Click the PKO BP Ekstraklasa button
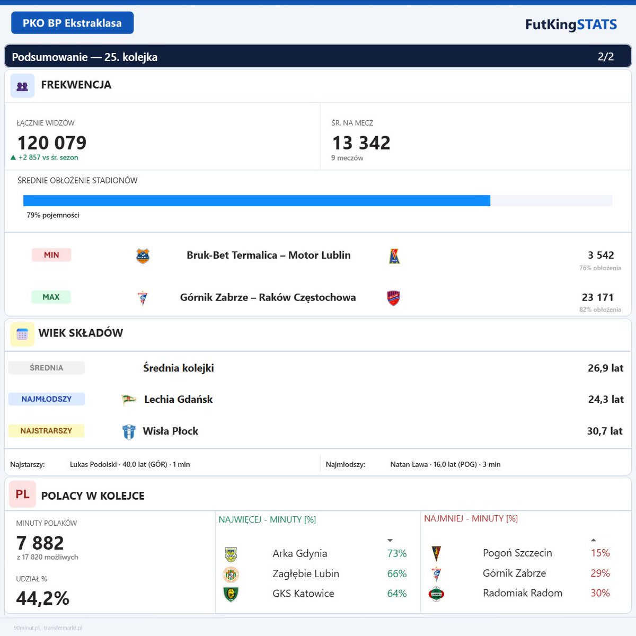(72, 23)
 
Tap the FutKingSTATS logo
(571, 24)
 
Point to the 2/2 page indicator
(605, 57)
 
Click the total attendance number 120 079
(52, 143)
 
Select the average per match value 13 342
(361, 143)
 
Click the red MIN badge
(51, 255)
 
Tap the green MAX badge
(51, 297)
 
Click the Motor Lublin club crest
(394, 256)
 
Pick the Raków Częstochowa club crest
(393, 298)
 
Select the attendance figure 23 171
(597, 297)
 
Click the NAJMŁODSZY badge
(46, 399)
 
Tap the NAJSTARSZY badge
(46, 431)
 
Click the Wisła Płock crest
(128, 432)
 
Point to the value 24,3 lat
(605, 399)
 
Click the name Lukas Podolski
(93, 464)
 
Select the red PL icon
(22, 494)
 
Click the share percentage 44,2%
(43, 598)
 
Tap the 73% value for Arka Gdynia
(396, 553)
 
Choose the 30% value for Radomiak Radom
(600, 593)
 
